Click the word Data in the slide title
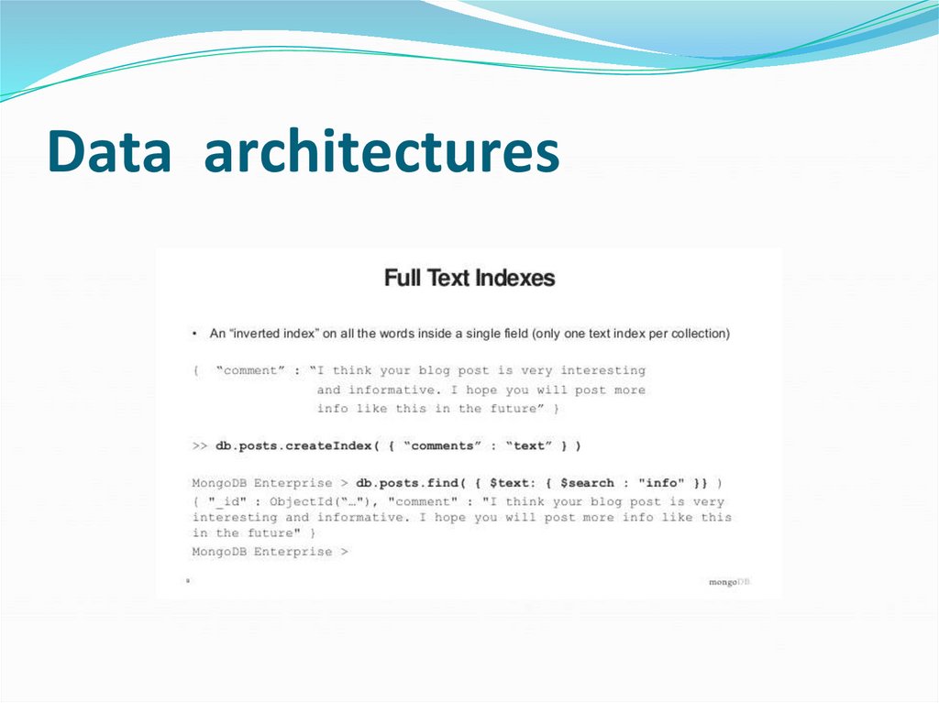coord(109,152)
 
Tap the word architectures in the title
coord(381,152)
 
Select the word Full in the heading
coord(402,278)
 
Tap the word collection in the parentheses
coord(698,334)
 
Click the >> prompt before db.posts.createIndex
coord(200,446)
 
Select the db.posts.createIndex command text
coord(293,446)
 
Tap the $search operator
coord(587,483)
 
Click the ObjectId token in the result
coord(304,502)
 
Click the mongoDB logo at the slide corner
coord(730,582)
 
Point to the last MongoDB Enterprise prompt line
coord(271,552)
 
